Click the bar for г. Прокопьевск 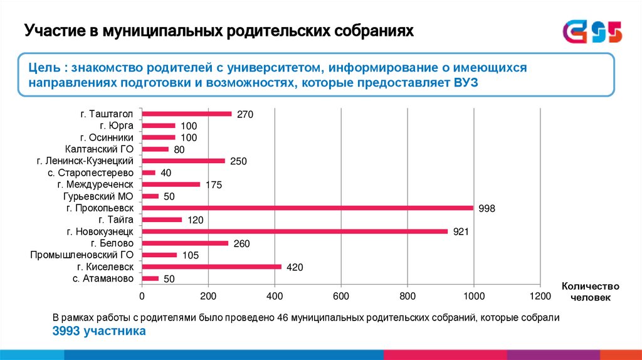click(307, 208)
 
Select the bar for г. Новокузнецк click(295, 231)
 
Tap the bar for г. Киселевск click(211, 267)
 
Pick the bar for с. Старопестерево click(149, 172)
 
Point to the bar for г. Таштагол click(187, 114)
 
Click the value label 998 click(487, 208)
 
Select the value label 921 click(461, 232)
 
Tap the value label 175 click(214, 185)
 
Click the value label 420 click(295, 267)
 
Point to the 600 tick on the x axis click(341, 296)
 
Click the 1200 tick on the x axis click(540, 296)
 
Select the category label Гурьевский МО click(105, 196)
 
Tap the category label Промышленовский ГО click(82, 255)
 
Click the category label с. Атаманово click(103, 278)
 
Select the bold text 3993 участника click(99, 331)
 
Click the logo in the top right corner click(592, 31)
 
